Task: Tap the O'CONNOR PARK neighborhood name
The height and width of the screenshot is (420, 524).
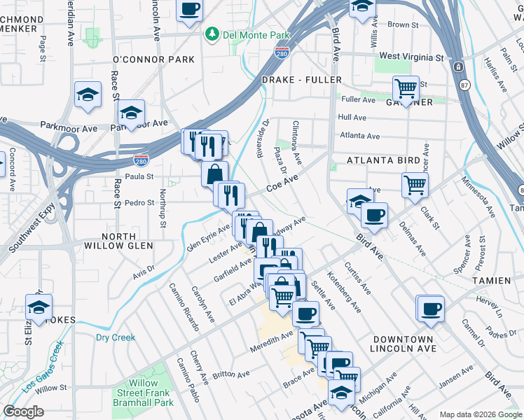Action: (153, 59)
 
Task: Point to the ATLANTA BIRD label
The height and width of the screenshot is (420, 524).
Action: (385, 160)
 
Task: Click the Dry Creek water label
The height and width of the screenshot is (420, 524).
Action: (115, 337)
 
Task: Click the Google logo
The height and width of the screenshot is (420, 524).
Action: (23, 411)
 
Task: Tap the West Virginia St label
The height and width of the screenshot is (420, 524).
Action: (411, 56)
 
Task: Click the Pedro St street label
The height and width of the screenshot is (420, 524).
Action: (139, 203)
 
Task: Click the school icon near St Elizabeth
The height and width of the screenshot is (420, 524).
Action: (39, 307)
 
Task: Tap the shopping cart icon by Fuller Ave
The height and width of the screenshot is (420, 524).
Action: (405, 88)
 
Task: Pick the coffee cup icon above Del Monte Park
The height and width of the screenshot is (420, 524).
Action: (189, 9)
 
